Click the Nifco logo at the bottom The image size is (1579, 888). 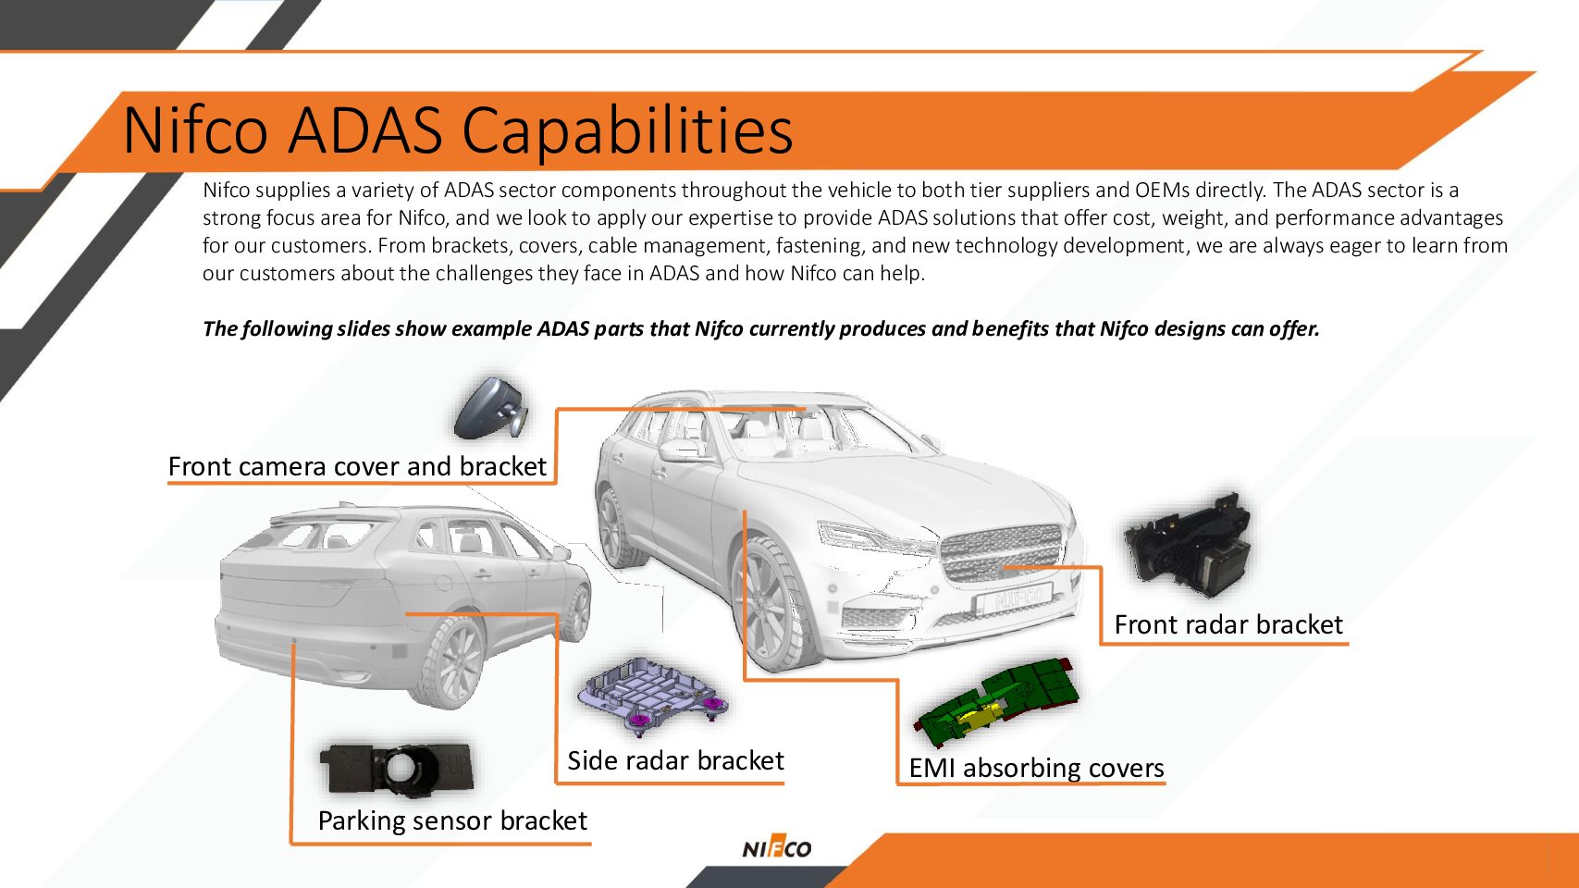776,848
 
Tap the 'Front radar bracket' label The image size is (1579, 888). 1227,624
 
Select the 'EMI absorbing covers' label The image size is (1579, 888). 1036,768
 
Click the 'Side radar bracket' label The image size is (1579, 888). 675,760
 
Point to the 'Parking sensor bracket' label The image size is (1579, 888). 452,820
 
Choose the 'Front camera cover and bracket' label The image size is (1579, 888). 357,466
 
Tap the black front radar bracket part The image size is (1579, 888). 1188,546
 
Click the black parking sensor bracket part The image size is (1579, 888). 396,769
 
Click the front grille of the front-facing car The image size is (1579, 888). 1003,552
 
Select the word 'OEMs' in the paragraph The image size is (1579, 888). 1162,191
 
